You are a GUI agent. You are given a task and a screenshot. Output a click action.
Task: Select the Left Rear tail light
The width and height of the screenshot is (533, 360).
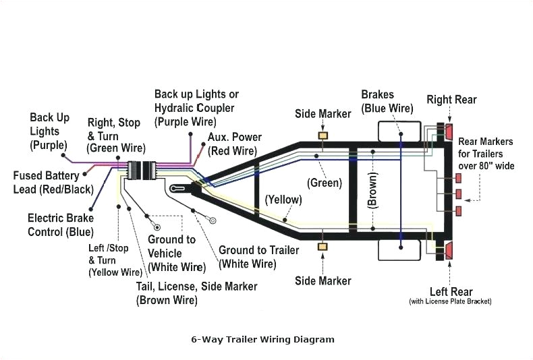tap(447, 251)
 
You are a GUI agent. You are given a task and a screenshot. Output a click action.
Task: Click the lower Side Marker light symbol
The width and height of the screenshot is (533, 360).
tap(322, 247)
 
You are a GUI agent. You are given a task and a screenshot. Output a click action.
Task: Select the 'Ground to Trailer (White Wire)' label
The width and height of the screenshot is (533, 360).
tap(258, 257)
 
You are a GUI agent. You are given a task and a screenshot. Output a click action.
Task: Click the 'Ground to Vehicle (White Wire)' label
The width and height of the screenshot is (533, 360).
tap(172, 253)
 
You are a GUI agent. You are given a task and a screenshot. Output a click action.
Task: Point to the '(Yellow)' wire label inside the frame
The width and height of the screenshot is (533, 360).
tap(283, 200)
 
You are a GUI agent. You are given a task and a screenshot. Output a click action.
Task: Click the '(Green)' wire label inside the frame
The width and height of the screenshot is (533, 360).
tap(324, 183)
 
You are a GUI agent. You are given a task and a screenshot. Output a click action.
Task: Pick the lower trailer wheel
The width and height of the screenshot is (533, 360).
tap(400, 251)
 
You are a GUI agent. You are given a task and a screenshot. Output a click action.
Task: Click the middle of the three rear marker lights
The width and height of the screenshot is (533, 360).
tap(459, 194)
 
